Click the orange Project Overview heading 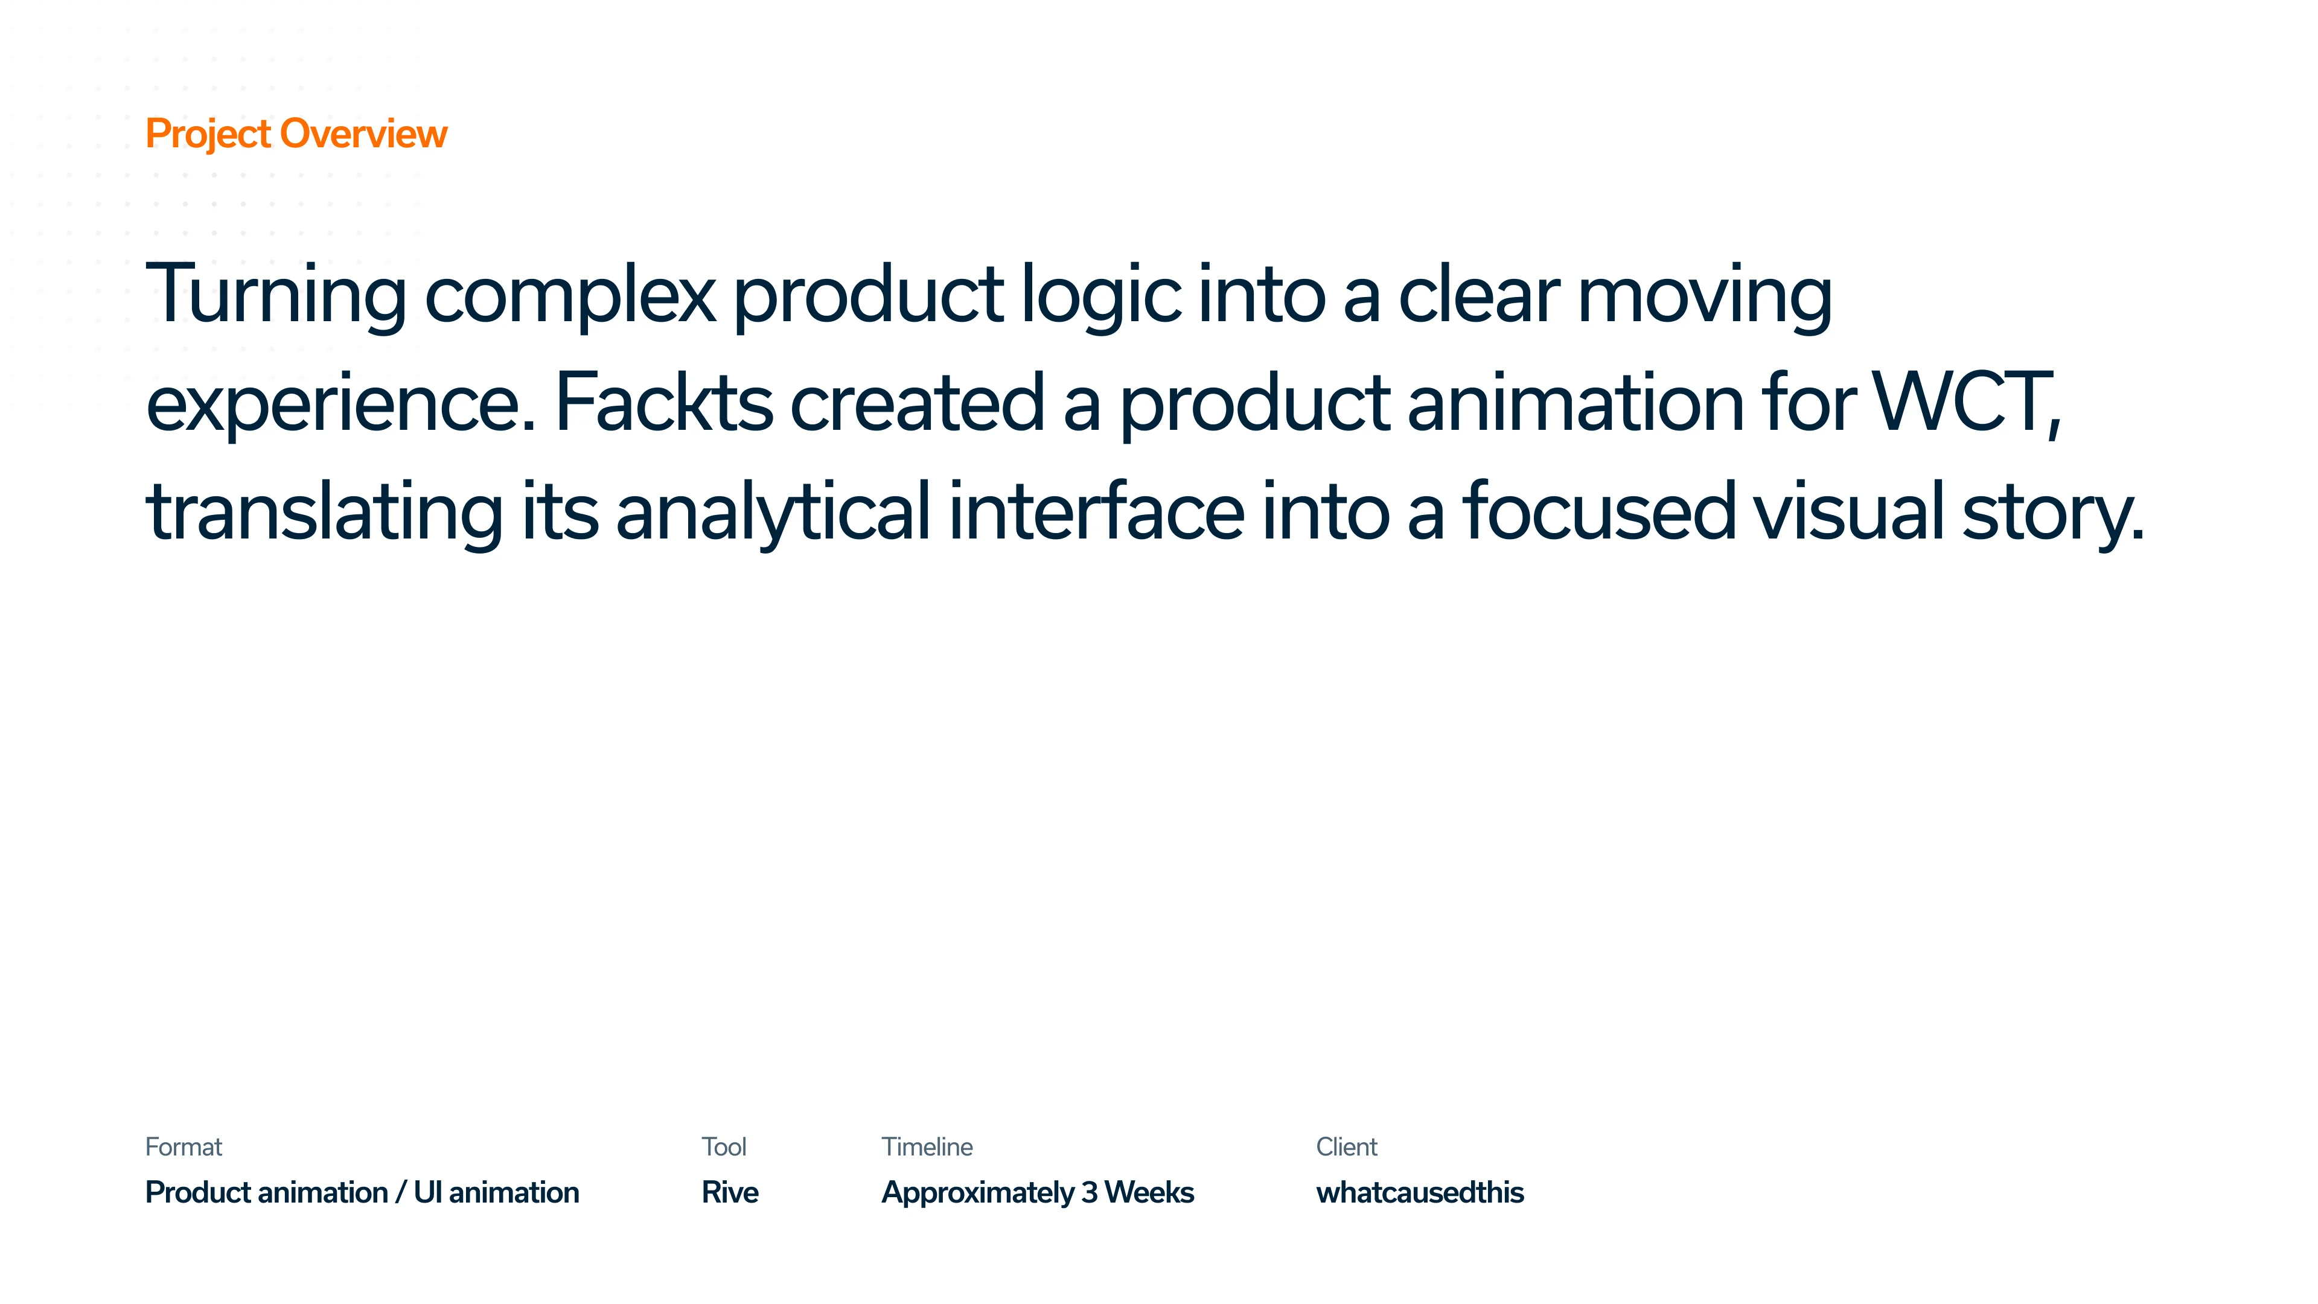coord(296,134)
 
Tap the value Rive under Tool coord(730,1192)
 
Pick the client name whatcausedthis coord(1420,1192)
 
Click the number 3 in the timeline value coord(1089,1192)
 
